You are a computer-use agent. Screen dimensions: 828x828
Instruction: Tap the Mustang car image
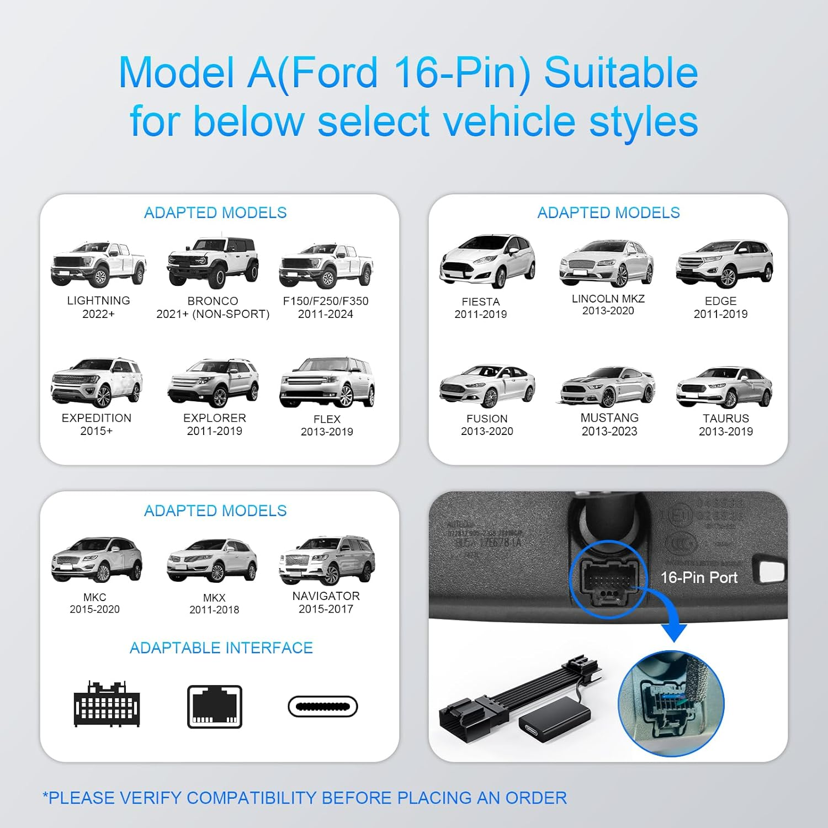coord(608,386)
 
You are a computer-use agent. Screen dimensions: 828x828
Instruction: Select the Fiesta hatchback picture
coord(487,261)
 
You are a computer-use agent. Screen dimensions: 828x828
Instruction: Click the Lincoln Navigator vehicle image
coord(327,560)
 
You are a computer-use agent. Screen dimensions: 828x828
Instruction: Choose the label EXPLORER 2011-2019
coord(215,424)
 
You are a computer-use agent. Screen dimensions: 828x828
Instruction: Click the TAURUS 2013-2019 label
coord(725,425)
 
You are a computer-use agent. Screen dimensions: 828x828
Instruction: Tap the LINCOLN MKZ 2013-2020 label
coord(608,305)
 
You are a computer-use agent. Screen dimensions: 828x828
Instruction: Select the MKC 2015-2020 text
coord(94,603)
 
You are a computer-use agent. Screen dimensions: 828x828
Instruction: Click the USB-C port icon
coord(323,707)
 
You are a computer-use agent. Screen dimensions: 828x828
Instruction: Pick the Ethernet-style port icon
coord(215,707)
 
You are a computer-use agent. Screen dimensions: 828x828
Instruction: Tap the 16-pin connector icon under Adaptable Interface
coord(107,704)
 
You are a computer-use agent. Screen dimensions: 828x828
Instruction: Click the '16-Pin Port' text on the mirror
coord(699,578)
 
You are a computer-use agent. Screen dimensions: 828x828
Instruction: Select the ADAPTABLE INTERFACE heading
coord(221,647)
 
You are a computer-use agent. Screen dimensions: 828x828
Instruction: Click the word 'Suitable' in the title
coord(620,73)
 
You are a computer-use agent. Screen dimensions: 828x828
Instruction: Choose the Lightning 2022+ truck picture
coord(98,264)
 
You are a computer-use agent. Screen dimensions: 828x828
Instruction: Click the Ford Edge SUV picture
coord(724,264)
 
